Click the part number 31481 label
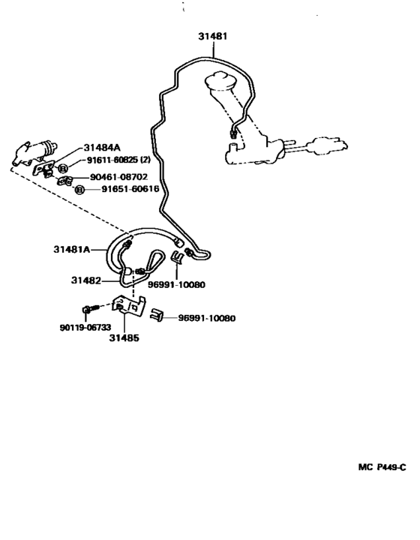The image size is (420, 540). (214, 35)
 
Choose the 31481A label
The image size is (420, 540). (72, 249)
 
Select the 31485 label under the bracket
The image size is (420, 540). (125, 337)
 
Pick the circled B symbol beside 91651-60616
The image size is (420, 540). (79, 190)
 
